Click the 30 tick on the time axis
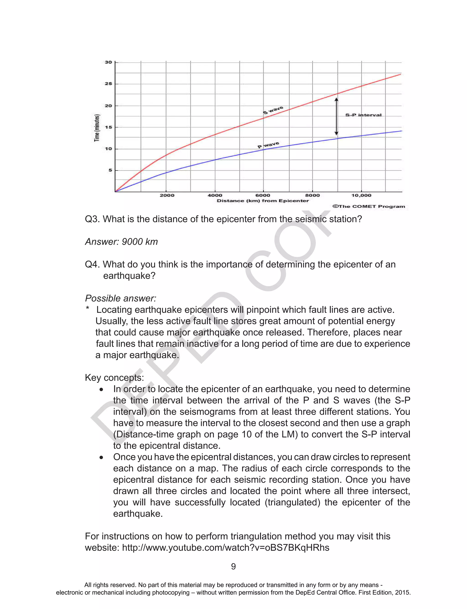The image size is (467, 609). point(108,62)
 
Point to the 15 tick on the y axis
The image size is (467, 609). point(108,127)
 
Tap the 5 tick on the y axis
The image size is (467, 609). point(110,170)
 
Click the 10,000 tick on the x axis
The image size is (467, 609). point(361,195)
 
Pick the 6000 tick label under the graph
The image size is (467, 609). point(263,195)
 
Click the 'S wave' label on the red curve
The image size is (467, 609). point(273,110)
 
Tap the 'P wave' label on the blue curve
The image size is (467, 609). point(268,145)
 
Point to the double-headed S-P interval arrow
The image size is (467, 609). point(336,117)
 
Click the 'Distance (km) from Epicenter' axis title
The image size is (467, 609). point(263,201)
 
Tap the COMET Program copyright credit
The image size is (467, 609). point(368,206)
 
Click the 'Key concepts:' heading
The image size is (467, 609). point(114,377)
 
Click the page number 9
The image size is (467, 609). point(233,566)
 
